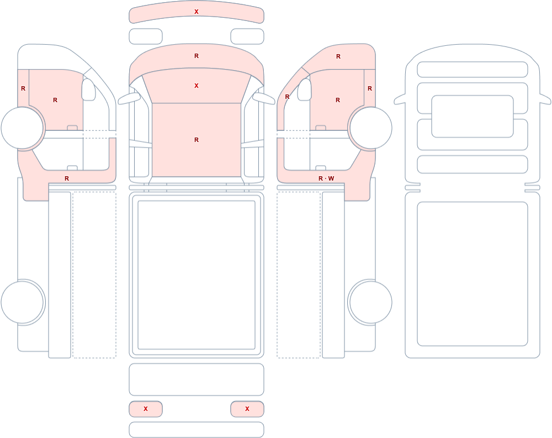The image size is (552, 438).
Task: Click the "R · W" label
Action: (x=326, y=178)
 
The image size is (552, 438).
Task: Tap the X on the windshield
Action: (x=197, y=86)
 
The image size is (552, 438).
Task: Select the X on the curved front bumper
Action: (x=197, y=12)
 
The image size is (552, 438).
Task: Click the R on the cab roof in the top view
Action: (x=197, y=140)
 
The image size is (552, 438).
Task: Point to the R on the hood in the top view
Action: (x=197, y=56)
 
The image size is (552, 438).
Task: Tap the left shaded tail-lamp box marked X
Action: (x=146, y=409)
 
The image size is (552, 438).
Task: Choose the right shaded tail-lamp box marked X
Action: (x=247, y=409)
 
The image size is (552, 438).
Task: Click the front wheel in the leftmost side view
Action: (x=23, y=128)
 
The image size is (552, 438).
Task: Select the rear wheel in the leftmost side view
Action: (x=23, y=302)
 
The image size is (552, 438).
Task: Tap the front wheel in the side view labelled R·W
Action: (x=370, y=128)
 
